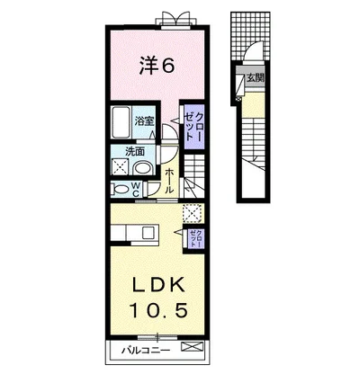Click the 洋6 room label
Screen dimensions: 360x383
pyautogui.click(x=156, y=66)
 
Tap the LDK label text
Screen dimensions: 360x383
pyautogui.click(x=158, y=286)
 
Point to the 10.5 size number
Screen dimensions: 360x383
pyautogui.click(x=158, y=310)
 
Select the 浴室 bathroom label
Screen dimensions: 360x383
pyautogui.click(x=144, y=121)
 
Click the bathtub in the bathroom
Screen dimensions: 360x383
pyautogui.click(x=121, y=122)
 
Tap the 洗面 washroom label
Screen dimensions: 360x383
pyautogui.click(x=135, y=152)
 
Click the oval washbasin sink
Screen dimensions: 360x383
pyautogui.click(x=142, y=168)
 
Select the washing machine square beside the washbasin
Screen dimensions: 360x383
pyautogui.click(x=120, y=166)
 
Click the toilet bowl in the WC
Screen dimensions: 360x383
pyautogui.click(x=121, y=190)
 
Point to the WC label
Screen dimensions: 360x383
pyautogui.click(x=135, y=190)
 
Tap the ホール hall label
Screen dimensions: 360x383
pyautogui.click(x=169, y=181)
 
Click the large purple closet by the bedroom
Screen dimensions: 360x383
pyautogui.click(x=193, y=127)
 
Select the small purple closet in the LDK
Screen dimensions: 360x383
pyautogui.click(x=196, y=238)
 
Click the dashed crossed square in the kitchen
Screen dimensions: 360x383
pyautogui.click(x=192, y=213)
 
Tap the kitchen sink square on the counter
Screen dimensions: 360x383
pyautogui.click(x=148, y=232)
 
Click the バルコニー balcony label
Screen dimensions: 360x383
pyautogui.click(x=146, y=350)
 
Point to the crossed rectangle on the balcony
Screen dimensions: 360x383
pyautogui.click(x=192, y=347)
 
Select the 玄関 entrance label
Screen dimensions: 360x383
pyautogui.click(x=255, y=78)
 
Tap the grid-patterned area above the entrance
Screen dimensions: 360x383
pyautogui.click(x=250, y=35)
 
